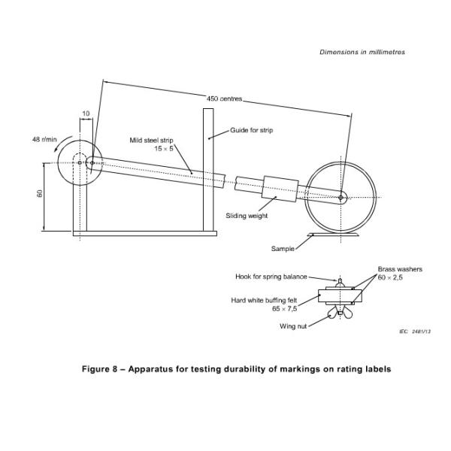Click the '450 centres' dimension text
224,98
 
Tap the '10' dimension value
86,114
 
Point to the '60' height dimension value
40,193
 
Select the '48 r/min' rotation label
44,140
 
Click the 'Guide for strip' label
251,130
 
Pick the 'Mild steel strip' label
151,141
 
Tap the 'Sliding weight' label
247,216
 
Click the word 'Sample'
283,249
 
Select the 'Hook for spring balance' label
271,277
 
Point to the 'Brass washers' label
400,269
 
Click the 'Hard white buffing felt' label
264,300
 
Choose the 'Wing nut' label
293,326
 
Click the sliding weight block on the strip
280,189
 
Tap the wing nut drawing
340,313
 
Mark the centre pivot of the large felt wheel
341,198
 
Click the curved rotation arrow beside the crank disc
61,144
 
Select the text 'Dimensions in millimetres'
362,52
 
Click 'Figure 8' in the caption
99,369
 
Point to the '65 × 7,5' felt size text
284,309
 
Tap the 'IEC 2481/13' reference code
415,331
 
